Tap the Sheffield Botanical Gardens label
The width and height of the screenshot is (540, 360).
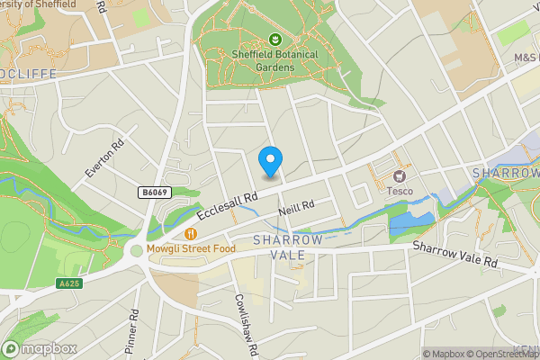tap(274, 58)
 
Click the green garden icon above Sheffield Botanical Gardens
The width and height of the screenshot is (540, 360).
tap(274, 40)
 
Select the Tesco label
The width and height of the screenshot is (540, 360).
tap(400, 191)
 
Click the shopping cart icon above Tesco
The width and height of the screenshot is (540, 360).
tap(400, 175)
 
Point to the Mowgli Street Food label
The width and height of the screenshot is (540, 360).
tap(192, 248)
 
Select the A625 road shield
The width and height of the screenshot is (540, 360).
tap(68, 283)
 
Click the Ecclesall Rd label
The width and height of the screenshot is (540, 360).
tap(229, 205)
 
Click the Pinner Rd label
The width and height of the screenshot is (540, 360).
tap(133, 333)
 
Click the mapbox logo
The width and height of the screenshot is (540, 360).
tap(40, 348)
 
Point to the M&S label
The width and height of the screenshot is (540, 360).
tap(525, 58)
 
